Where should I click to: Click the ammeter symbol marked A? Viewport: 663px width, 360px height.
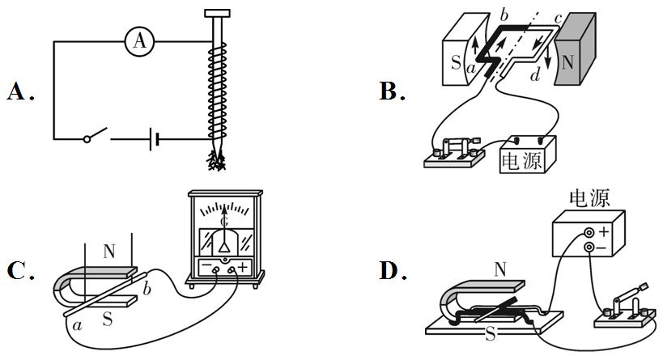[140, 41]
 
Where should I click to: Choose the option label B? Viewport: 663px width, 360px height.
[390, 92]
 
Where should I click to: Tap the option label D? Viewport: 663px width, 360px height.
[390, 270]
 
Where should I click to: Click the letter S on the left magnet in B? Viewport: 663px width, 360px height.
[455, 63]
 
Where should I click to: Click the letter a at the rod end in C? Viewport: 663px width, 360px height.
[79, 325]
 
